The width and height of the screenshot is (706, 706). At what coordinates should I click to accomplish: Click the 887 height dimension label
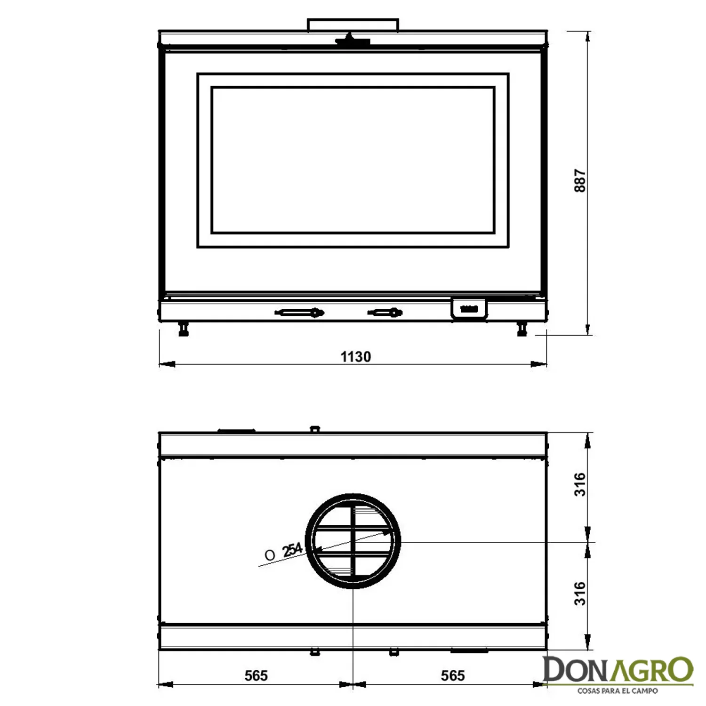click(x=580, y=181)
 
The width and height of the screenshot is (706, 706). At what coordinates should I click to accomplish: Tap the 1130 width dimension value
click(x=356, y=357)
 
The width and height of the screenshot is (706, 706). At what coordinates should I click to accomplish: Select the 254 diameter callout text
click(x=292, y=550)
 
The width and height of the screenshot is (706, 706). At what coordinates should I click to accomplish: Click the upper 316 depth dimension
click(x=580, y=484)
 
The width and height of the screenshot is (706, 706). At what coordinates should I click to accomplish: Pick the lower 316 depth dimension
click(x=580, y=594)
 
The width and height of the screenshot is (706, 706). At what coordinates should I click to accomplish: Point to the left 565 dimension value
click(x=256, y=676)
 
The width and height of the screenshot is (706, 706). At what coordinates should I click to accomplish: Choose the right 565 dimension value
click(x=453, y=676)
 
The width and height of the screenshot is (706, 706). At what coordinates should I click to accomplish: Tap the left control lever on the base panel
click(x=299, y=312)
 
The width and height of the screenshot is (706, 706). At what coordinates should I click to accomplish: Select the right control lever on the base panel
click(x=385, y=312)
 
